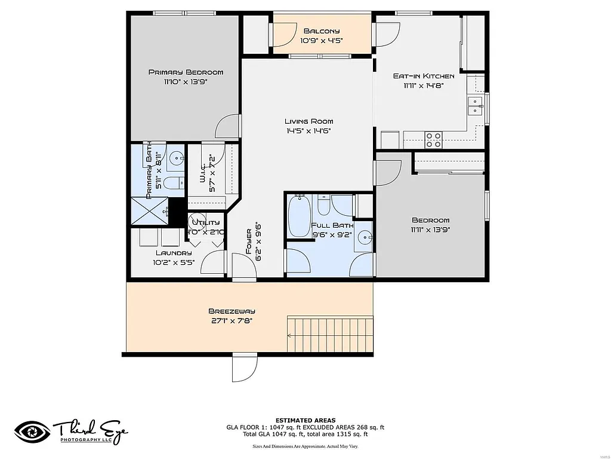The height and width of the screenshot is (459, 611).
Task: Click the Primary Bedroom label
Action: (186, 72)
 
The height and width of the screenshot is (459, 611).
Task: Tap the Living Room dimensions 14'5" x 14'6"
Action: (308, 131)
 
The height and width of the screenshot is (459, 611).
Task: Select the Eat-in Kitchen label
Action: (424, 76)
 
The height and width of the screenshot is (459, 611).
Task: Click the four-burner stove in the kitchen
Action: (434, 139)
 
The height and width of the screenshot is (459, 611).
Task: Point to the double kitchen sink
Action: (475, 106)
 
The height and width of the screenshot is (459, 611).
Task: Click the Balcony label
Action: (322, 31)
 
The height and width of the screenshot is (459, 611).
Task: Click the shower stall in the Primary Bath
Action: (149, 210)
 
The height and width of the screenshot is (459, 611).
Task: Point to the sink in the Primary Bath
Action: (175, 158)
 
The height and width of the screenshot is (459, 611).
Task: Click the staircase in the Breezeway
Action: (330, 334)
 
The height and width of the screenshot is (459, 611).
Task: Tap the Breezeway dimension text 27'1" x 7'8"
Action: (232, 320)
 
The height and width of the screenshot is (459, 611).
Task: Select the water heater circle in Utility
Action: (198, 221)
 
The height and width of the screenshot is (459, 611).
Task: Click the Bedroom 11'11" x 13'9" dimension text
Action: (430, 229)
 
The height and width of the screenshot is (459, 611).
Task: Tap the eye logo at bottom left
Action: (33, 432)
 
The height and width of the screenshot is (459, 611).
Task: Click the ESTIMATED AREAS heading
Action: (305, 420)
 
